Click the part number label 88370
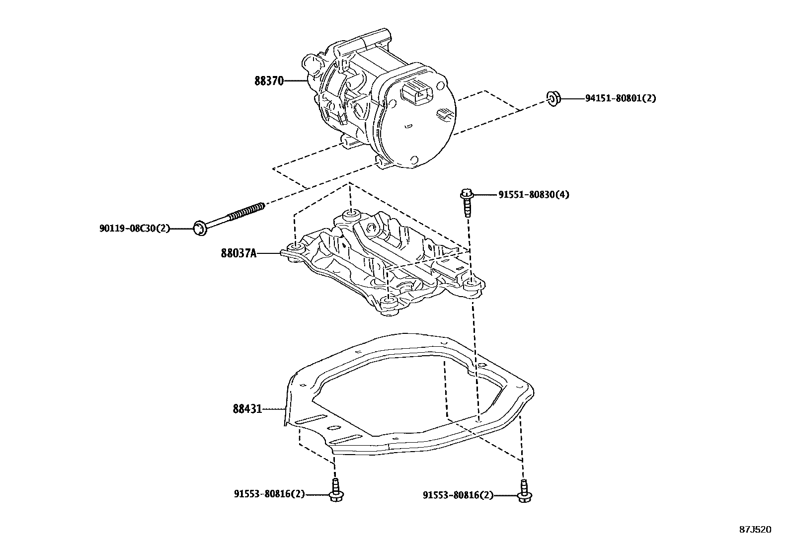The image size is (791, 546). click(269, 80)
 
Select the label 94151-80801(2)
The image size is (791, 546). click(620, 98)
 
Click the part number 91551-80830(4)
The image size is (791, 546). click(534, 195)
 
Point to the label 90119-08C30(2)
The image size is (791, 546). click(134, 229)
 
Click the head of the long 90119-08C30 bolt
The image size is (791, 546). click(199, 229)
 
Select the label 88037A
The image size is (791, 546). click(238, 253)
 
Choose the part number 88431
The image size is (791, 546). click(247, 409)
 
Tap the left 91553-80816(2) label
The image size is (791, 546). click(269, 494)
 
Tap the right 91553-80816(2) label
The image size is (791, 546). click(458, 495)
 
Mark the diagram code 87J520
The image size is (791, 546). click(755, 530)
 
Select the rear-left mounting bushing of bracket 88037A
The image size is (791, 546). click(297, 247)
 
